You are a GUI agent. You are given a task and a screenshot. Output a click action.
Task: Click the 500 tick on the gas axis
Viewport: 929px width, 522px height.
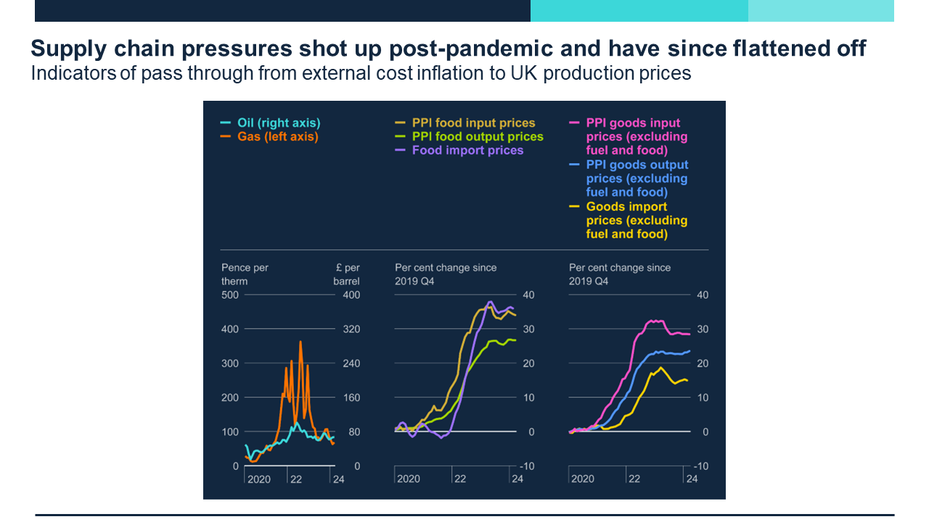coord(229,295)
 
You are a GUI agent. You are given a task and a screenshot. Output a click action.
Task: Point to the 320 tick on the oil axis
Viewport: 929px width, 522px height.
coord(351,329)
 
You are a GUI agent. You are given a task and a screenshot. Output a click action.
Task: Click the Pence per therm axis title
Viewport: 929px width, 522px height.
coord(245,274)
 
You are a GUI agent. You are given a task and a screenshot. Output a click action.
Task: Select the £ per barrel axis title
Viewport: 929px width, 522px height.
coord(346,274)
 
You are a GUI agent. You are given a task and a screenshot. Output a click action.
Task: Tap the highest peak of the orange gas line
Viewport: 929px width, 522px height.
coord(300,341)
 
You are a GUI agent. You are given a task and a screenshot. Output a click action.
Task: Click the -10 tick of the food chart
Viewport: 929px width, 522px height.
coord(527,466)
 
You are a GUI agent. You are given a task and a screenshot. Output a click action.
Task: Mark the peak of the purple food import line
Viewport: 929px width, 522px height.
coord(490,302)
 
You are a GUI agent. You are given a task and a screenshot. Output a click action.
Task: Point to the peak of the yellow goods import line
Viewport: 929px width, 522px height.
coord(660,368)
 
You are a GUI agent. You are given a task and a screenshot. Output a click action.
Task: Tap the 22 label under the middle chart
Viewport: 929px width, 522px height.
coord(459,479)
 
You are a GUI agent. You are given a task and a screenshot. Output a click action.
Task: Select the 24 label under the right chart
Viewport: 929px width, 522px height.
coord(692,479)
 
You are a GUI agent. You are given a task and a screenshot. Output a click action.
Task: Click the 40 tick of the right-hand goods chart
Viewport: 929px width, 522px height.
coord(702,295)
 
